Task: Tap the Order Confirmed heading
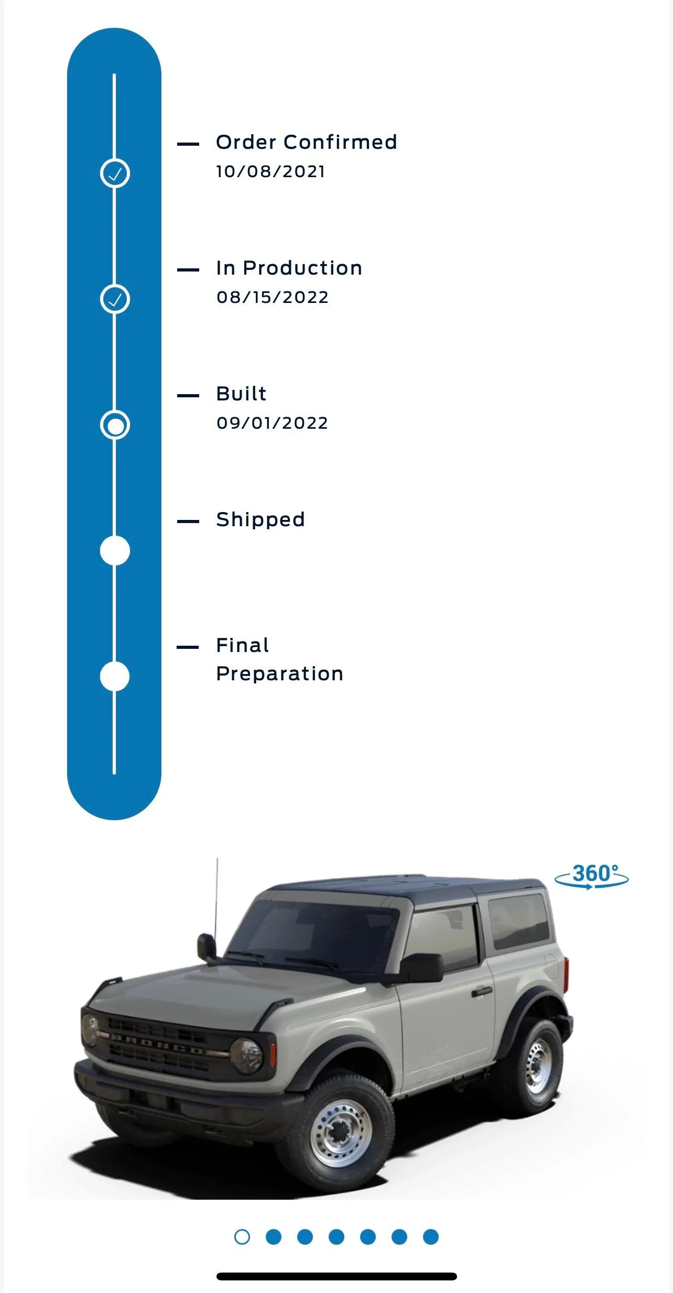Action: pos(307,142)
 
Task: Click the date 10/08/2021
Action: pos(270,171)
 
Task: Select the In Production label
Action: pos(289,268)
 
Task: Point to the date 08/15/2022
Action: pos(272,297)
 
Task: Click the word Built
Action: pos(241,394)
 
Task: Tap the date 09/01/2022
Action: pos(272,423)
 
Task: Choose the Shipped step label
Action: pos(260,519)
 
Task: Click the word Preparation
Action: pos(280,674)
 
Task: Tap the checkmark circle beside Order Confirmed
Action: pos(115,173)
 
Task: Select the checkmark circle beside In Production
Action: pos(115,299)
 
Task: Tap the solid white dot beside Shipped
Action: pos(115,551)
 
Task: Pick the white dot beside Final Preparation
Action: pos(115,677)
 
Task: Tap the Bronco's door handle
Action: pos(481,991)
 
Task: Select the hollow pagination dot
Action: pos(242,1237)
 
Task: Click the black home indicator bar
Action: pos(336,1276)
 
